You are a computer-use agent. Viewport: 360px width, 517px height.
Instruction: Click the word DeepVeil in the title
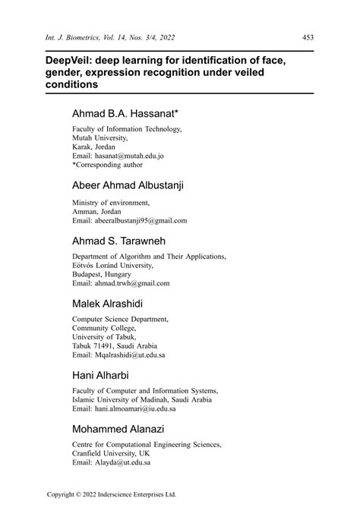(x=68, y=58)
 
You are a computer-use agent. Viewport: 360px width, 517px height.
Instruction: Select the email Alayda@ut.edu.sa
(x=111, y=462)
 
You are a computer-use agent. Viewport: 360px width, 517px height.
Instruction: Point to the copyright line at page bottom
(x=111, y=494)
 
